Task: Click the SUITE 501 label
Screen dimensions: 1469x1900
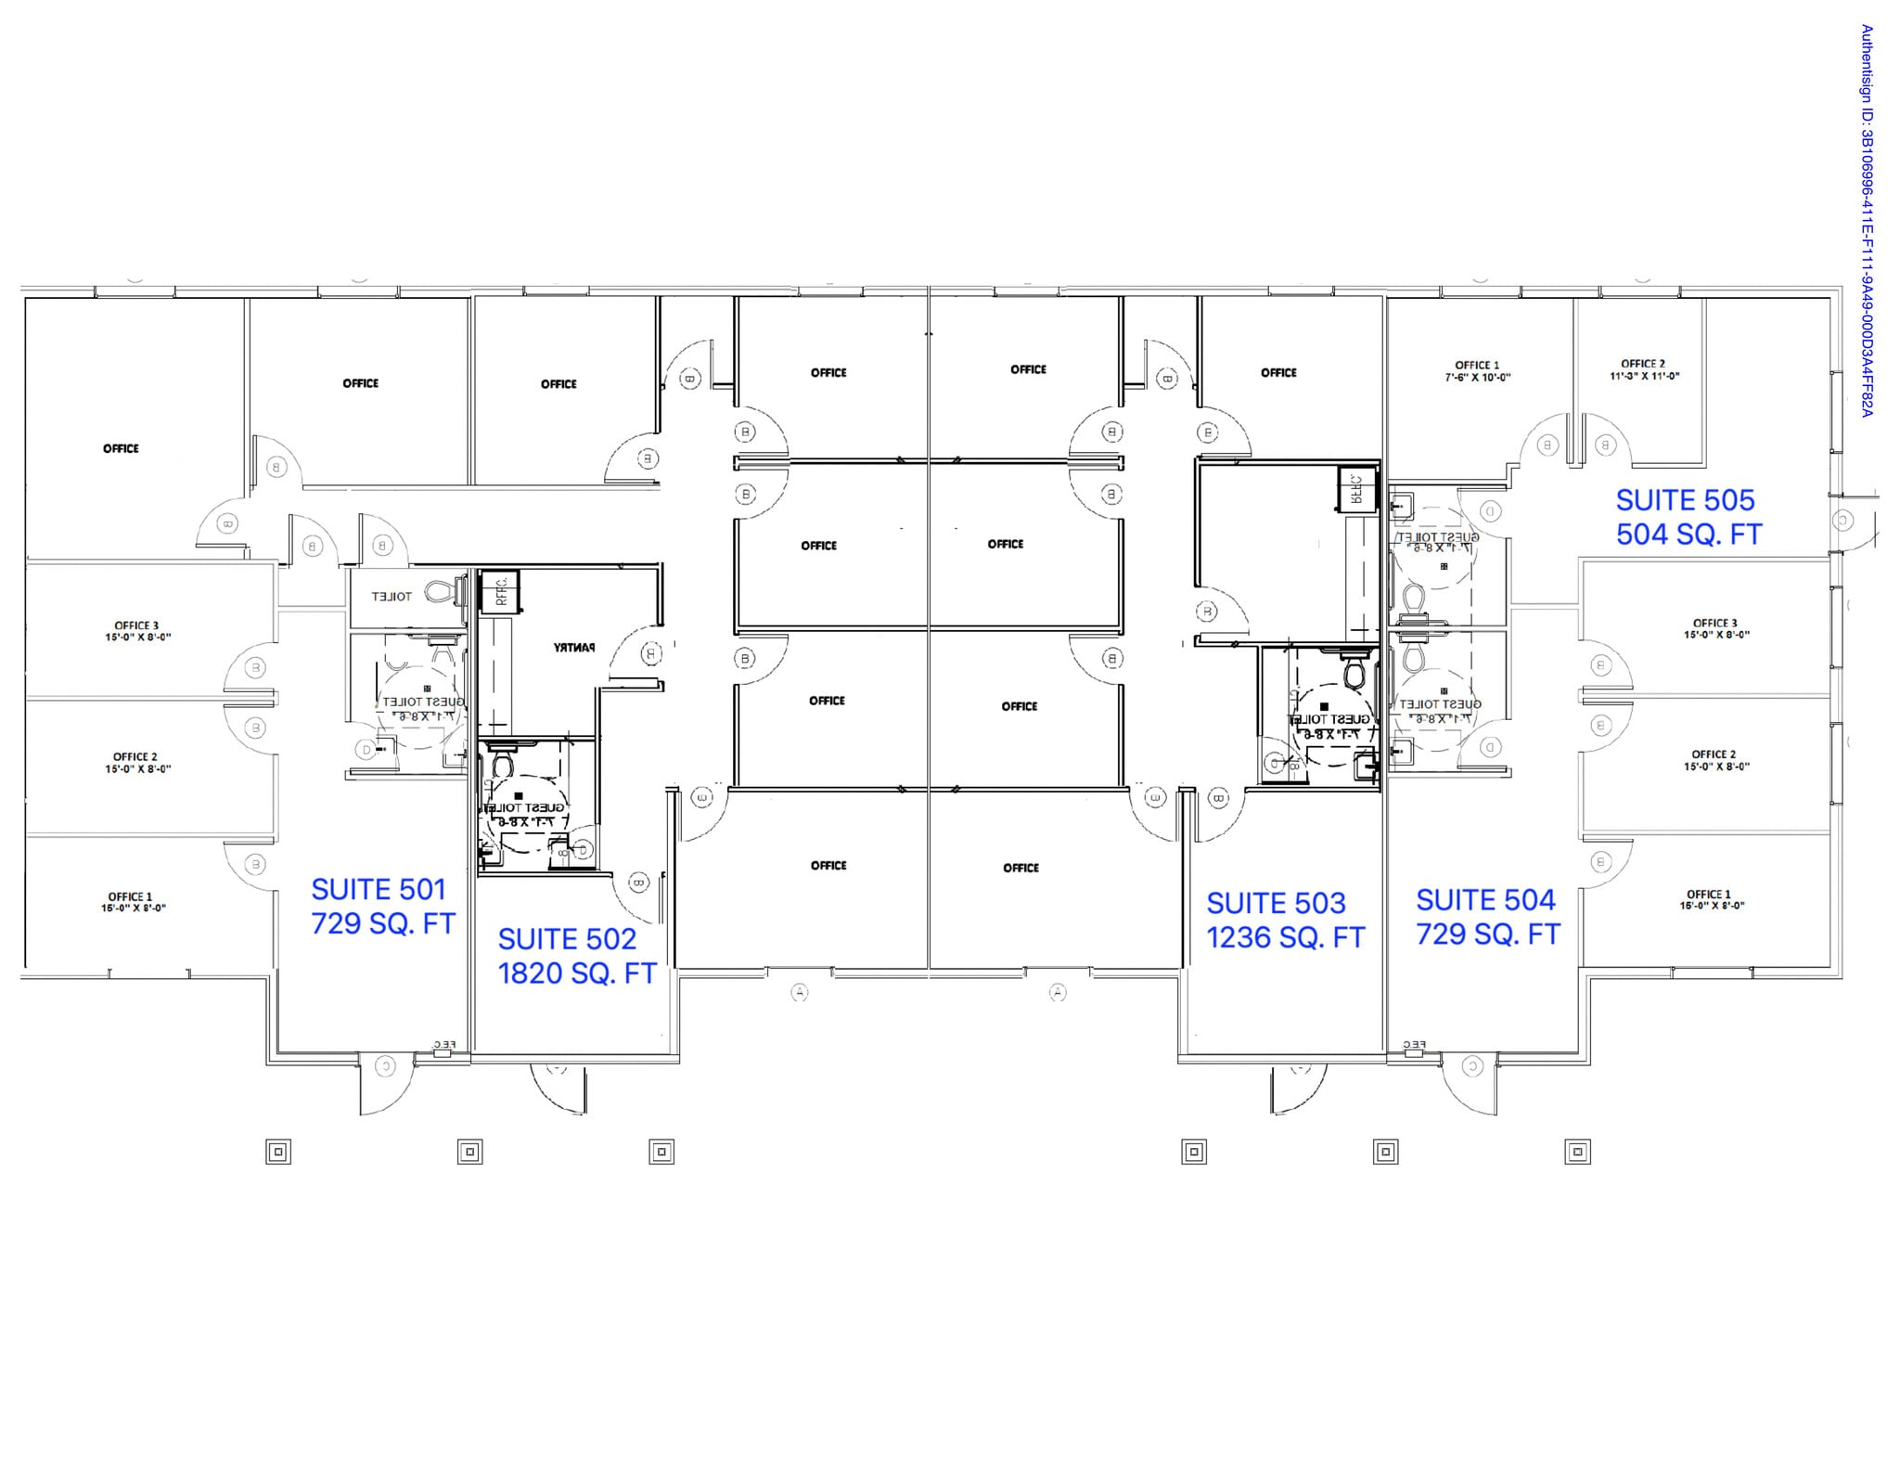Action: (x=379, y=889)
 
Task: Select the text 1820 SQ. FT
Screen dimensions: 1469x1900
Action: (x=576, y=973)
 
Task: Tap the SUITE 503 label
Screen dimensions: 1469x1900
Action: (x=1276, y=903)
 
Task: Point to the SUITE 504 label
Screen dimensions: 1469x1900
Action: (x=1485, y=900)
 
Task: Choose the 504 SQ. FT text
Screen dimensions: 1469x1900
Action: (x=1688, y=535)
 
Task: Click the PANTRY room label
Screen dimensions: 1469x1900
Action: (x=574, y=648)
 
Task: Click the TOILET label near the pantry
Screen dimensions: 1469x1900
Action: (x=392, y=597)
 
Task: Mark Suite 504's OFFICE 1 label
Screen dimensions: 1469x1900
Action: (x=1711, y=899)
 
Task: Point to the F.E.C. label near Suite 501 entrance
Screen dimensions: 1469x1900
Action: (x=444, y=1045)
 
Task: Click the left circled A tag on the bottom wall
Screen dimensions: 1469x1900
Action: (x=800, y=993)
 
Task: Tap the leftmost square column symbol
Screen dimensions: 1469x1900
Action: (x=278, y=1153)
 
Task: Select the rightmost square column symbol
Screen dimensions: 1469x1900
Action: (x=1577, y=1153)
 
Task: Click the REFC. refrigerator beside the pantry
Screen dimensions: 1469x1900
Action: (x=499, y=591)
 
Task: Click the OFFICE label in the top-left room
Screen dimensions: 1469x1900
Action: (x=121, y=448)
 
